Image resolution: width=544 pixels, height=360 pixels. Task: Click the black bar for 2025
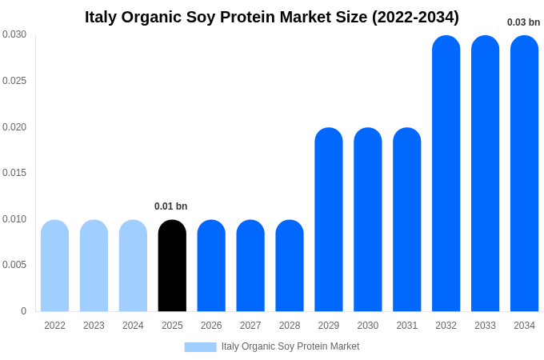[x=172, y=266]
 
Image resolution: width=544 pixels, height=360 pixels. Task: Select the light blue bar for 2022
[x=54, y=266]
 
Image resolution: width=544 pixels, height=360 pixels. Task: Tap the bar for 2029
[x=328, y=219]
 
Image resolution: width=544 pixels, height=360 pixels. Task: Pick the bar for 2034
[x=524, y=174]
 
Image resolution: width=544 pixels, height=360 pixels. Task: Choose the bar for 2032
[x=446, y=174]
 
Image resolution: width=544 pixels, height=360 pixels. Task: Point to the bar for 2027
[x=250, y=266]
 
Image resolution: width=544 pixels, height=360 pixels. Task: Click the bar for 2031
[x=406, y=219]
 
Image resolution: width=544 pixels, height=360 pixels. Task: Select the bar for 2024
[x=133, y=266]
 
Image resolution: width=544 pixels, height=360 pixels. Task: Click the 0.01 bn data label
[x=170, y=206]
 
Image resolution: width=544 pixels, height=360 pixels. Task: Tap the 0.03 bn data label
[x=523, y=22]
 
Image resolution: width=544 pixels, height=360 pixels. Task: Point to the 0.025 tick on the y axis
[x=14, y=81]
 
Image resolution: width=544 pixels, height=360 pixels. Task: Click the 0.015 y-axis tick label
[x=14, y=173]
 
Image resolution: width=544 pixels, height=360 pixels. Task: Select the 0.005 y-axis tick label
[x=14, y=265]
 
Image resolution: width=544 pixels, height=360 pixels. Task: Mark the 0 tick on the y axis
[x=23, y=311]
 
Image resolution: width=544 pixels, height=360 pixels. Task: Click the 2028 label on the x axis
[x=290, y=326]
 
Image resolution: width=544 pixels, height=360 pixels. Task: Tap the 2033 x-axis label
[x=485, y=326]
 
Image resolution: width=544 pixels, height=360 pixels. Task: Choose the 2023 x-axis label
[x=94, y=326]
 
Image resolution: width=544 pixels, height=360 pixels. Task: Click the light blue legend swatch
[x=200, y=346]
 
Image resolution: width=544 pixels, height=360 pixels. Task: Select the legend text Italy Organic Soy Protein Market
[x=290, y=346]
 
